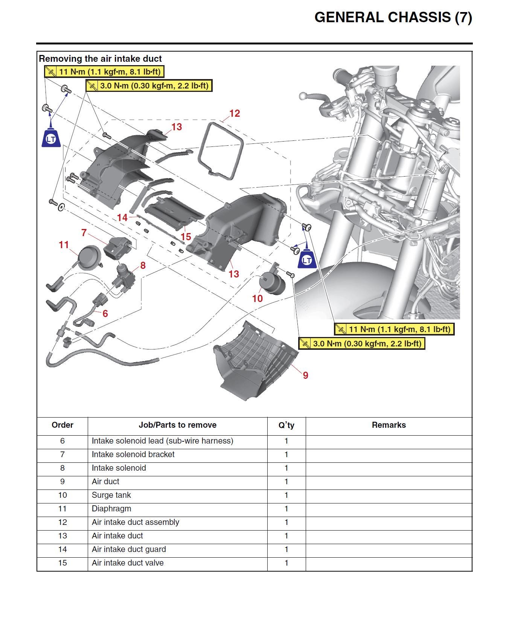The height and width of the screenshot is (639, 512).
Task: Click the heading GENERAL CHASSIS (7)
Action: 393,18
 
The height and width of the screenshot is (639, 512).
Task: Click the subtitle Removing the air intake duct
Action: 100,59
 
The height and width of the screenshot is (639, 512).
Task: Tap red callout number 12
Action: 234,113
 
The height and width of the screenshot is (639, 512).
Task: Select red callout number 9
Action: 305,375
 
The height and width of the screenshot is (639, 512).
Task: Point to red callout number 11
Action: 64,245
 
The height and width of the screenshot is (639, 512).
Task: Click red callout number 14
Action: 122,218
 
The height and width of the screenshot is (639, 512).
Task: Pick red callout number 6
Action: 105,313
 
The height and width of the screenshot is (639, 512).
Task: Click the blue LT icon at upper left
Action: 51,138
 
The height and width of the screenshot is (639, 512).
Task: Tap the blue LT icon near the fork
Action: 307,260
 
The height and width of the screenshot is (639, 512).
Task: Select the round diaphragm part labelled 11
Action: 89,257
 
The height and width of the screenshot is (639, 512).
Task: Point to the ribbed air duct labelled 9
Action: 256,361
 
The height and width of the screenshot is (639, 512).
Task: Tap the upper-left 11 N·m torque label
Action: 104,72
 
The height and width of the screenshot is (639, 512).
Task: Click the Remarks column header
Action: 389,425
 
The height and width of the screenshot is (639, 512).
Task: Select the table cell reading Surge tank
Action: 111,495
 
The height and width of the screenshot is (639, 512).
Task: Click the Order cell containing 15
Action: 62,563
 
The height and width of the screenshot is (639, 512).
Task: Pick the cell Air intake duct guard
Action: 129,549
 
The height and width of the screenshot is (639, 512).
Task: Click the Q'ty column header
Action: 286,425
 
